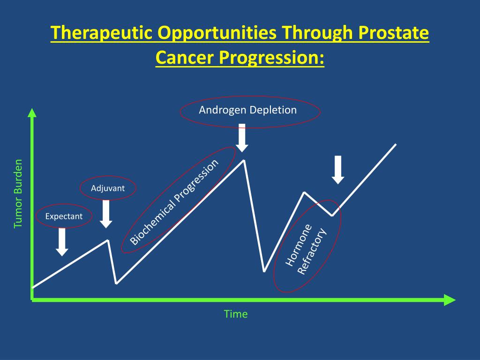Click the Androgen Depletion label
pyautogui.click(x=247, y=110)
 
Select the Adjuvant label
pyautogui.click(x=108, y=188)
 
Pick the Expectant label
pyautogui.click(x=64, y=217)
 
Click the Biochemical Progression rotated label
pyautogui.click(x=174, y=202)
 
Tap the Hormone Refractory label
pyautogui.click(x=306, y=249)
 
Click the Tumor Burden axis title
pyautogui.click(x=18, y=194)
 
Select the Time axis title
pyautogui.click(x=236, y=314)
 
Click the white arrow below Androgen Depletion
pyautogui.click(x=242, y=138)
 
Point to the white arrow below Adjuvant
pyautogui.click(x=106, y=214)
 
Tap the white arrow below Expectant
pyautogui.click(x=62, y=242)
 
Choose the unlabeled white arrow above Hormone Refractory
pyautogui.click(x=338, y=170)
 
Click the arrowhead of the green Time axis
pyautogui.click(x=450, y=300)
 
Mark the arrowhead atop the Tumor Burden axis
pyautogui.click(x=32, y=112)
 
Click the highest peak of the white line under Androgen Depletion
pyautogui.click(x=244, y=160)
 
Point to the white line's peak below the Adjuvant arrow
pyautogui.click(x=107, y=240)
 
